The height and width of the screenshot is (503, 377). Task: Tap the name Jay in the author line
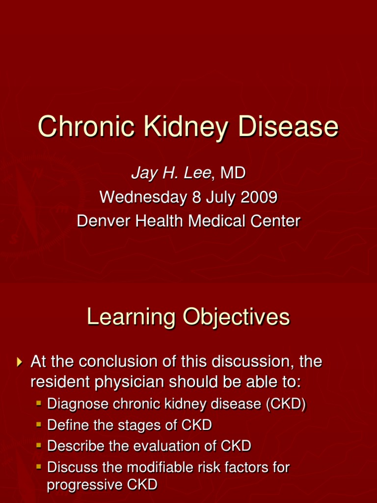pyautogui.click(x=142, y=172)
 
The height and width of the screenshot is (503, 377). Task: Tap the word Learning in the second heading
pyautogui.click(x=131, y=317)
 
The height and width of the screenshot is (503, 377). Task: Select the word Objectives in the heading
pyautogui.click(x=237, y=317)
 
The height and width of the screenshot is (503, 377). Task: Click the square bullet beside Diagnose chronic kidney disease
pyautogui.click(x=39, y=404)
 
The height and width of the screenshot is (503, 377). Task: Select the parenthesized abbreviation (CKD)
pyautogui.click(x=286, y=404)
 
